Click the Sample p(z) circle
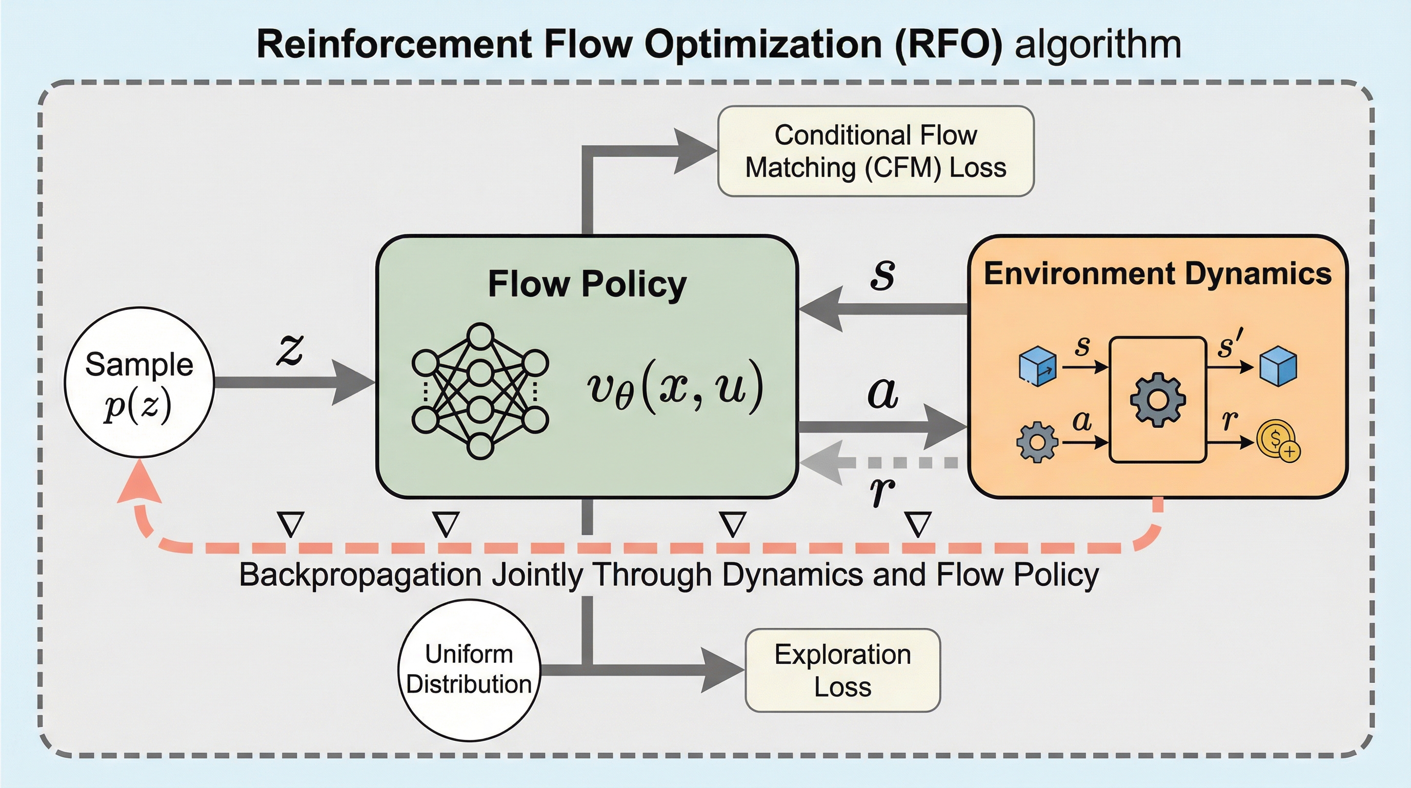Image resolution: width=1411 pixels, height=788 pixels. (139, 382)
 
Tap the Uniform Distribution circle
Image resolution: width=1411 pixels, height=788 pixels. (469, 669)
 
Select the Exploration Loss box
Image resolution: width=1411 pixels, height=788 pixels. (842, 670)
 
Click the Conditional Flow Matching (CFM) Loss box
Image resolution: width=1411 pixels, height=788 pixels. (875, 151)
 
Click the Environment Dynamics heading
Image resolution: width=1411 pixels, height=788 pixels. (1157, 273)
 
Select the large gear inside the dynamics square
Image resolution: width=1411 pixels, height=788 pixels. (1157, 399)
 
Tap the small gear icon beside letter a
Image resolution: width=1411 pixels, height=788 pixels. (1036, 442)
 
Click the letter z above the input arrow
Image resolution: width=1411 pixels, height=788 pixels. (290, 349)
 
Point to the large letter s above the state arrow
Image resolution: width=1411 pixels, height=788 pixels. (883, 274)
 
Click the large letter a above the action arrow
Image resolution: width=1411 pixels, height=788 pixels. (883, 393)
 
